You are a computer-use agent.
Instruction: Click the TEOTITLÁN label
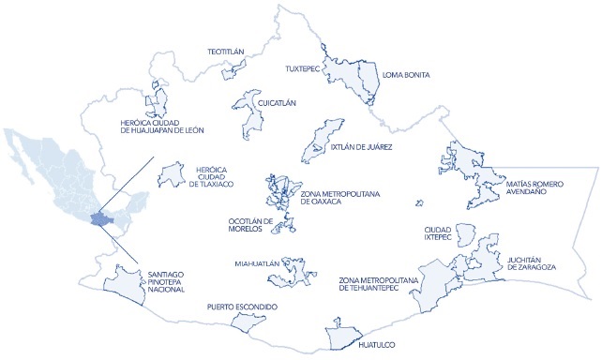225,52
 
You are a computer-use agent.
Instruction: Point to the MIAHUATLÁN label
257,264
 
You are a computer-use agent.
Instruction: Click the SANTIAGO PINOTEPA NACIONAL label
173,282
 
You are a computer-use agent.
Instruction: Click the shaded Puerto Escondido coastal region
248,323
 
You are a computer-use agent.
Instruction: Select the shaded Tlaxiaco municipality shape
171,174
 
